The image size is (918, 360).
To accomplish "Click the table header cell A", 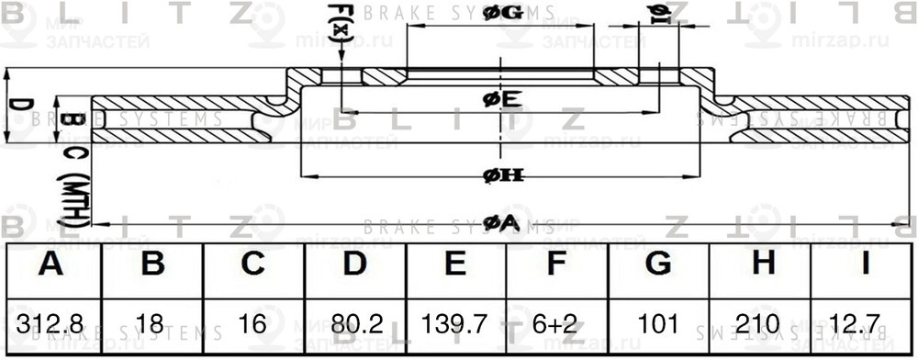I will click(x=52, y=265).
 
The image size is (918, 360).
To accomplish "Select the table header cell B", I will click(x=152, y=265).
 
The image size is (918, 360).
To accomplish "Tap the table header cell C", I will click(x=253, y=265).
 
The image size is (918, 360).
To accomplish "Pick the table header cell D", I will click(x=354, y=265).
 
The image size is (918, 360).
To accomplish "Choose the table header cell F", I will click(x=556, y=265).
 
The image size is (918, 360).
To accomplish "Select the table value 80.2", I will click(x=354, y=324).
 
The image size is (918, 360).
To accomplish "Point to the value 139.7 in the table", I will click(x=455, y=324).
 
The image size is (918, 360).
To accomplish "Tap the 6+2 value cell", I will click(x=556, y=324).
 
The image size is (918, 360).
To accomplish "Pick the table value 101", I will click(x=657, y=324).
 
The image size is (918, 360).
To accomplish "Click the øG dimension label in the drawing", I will click(x=501, y=13).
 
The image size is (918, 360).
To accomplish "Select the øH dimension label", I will click(x=501, y=175).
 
